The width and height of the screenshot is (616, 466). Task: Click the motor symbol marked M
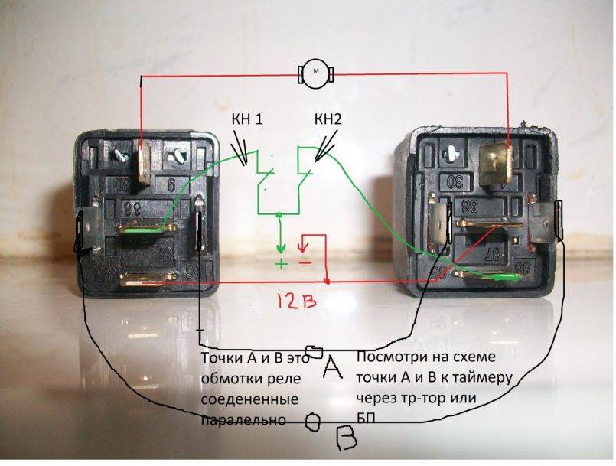click(315, 73)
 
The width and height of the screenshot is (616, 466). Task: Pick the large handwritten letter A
click(331, 369)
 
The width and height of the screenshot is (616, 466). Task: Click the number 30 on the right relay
click(456, 181)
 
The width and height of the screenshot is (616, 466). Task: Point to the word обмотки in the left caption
click(228, 379)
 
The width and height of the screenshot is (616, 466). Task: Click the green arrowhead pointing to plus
click(281, 249)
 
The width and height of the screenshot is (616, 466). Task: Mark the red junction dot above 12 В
click(327, 282)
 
